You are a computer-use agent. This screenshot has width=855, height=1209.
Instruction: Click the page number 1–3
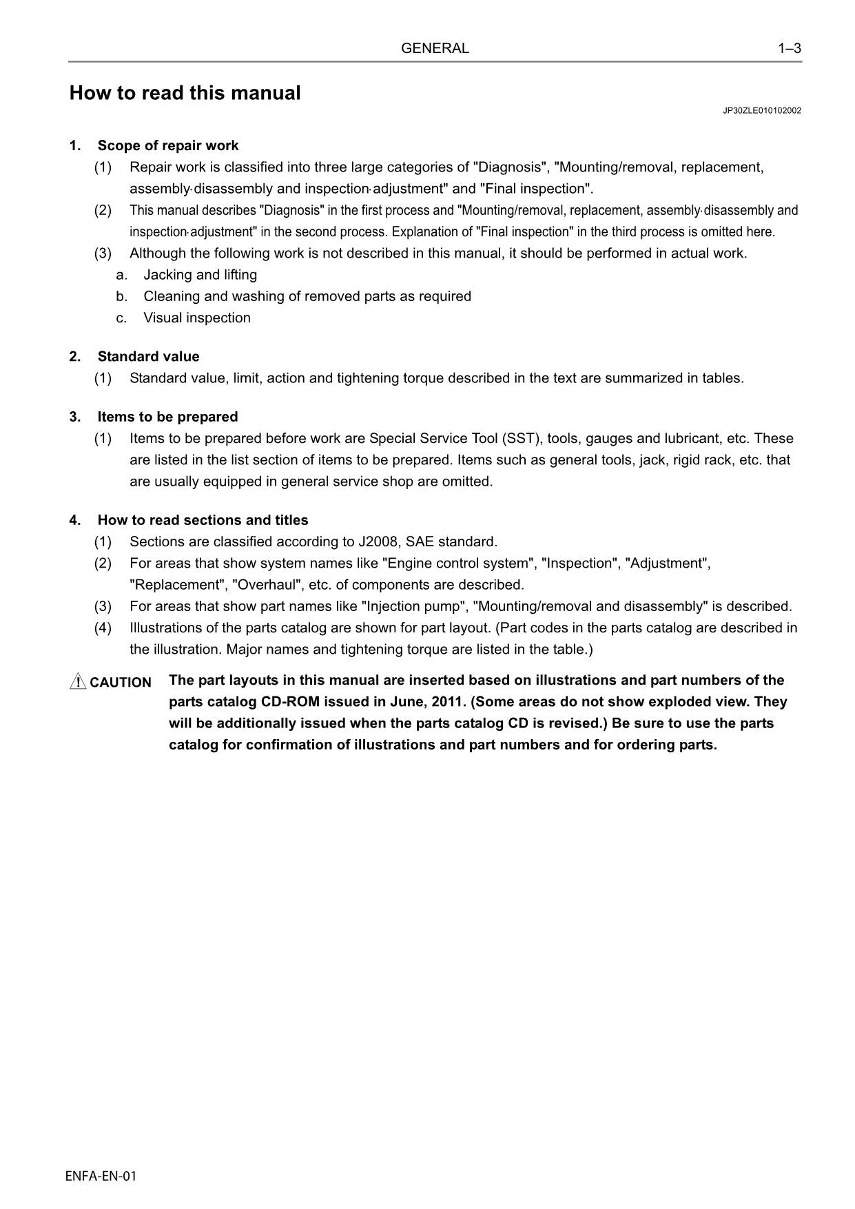pos(790,48)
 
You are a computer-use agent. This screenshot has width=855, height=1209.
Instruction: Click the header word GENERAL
pos(435,48)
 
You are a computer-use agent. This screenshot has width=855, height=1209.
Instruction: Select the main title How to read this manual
pos(185,93)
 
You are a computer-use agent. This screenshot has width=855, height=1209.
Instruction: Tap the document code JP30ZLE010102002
pos(762,110)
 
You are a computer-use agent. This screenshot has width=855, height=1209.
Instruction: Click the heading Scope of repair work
pos(168,145)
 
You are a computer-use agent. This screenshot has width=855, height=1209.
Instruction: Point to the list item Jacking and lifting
pos(200,275)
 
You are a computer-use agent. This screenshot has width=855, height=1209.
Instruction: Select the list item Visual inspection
pos(197,318)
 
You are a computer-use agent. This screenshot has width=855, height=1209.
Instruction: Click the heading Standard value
pos(148,356)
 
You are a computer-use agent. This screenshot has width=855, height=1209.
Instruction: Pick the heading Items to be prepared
pos(167,417)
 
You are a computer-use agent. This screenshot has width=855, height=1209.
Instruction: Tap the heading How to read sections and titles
pos(203,520)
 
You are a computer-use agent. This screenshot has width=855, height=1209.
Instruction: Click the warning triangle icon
pos(78,681)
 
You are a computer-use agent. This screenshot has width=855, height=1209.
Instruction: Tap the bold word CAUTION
pos(121,683)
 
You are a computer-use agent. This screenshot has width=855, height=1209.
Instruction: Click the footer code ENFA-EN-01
pos(101,1176)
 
